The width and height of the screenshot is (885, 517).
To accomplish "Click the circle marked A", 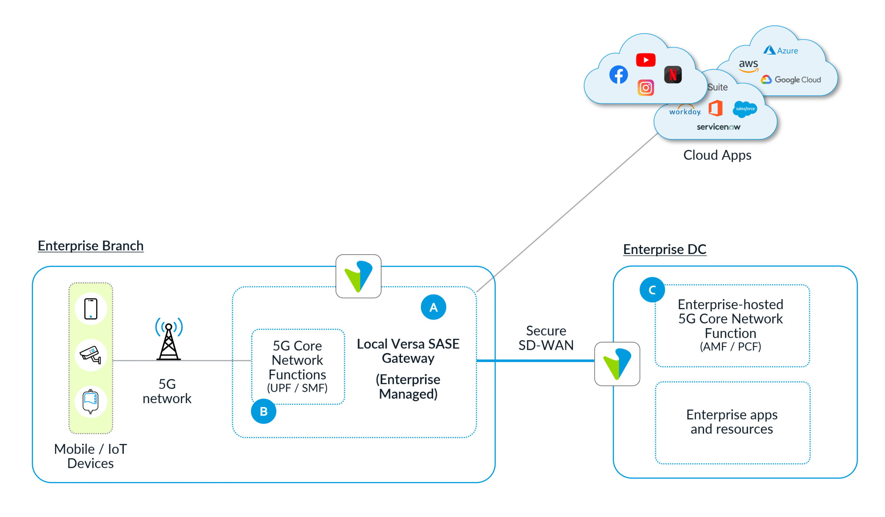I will (434, 307).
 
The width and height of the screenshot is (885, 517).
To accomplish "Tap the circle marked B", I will (263, 411).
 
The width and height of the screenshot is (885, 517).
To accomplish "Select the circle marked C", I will (652, 290).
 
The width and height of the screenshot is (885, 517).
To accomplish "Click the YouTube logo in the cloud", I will (645, 60).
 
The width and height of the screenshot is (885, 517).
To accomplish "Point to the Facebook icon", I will (618, 74).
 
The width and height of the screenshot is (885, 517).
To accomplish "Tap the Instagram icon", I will (645, 88).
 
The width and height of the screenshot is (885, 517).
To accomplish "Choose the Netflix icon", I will (673, 74).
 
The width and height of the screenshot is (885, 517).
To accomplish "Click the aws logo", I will (748, 65).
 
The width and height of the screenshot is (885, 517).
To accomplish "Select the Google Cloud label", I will (791, 80).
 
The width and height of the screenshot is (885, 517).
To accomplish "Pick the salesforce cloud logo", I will (745, 109).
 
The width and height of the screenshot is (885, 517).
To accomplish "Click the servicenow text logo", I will (718, 127).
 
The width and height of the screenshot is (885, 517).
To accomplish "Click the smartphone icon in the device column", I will (91, 309).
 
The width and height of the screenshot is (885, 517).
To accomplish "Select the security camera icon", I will (91, 355).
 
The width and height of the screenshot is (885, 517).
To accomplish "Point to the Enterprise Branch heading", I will (91, 246).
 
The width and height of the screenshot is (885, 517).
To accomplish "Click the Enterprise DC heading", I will (664, 249).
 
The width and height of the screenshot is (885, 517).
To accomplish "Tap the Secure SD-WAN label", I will (546, 338).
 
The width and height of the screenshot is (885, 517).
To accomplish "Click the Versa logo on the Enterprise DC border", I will (617, 364).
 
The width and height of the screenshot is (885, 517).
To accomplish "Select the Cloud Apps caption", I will (717, 155).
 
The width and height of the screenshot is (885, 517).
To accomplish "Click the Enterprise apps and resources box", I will (733, 423).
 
